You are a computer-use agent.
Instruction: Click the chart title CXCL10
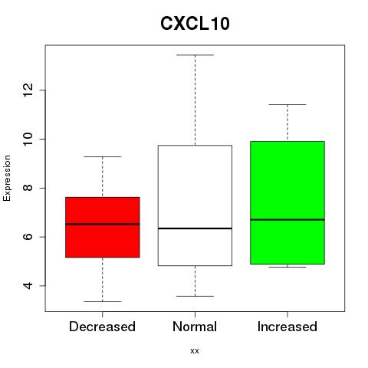click(x=195, y=24)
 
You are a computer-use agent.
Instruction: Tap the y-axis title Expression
click(x=7, y=178)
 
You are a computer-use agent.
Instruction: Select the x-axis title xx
click(x=195, y=351)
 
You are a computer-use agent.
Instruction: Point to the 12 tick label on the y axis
click(x=28, y=90)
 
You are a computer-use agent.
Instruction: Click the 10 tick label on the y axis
click(x=28, y=139)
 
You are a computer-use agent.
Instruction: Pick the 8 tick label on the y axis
click(x=28, y=188)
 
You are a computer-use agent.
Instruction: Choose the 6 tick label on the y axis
click(x=28, y=237)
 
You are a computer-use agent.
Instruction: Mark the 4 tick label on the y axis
click(x=28, y=286)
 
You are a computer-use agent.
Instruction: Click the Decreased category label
click(x=102, y=327)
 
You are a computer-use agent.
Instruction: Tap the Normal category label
click(x=195, y=327)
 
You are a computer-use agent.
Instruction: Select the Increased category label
click(x=287, y=327)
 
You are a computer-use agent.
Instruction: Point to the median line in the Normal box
click(x=195, y=228)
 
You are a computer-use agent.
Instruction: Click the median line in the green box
click(x=287, y=219)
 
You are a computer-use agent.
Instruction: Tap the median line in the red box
click(x=103, y=224)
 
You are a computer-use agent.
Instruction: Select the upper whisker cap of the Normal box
click(x=195, y=55)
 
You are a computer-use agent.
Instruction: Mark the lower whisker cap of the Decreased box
click(x=103, y=301)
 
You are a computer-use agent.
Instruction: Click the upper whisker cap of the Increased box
click(x=287, y=104)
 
